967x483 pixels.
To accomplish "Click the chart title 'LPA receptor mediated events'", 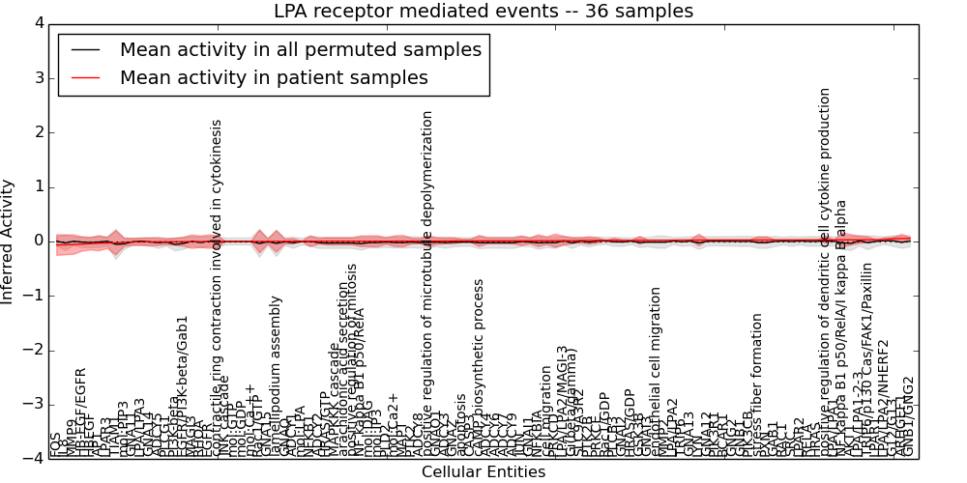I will point(483,12).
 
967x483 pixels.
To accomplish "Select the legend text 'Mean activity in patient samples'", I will point(274,78).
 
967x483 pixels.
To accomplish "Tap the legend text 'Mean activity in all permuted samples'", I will point(300,50).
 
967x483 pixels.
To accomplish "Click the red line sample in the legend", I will point(85,78).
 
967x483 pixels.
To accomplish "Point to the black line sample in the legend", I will point(85,50).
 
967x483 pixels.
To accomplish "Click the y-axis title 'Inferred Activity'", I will point(9,241).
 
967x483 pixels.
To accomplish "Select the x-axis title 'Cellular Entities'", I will point(483,472).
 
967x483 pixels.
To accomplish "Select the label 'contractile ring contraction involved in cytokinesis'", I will point(217,290).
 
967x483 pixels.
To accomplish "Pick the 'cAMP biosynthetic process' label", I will point(479,367).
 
